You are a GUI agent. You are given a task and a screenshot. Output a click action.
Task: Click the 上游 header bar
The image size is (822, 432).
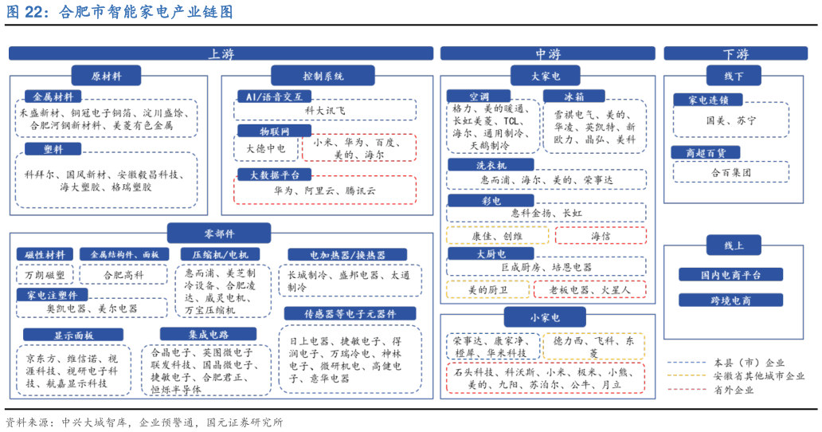pyautogui.click(x=221, y=53)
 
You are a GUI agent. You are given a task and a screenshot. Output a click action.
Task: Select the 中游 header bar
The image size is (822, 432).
pyautogui.click(x=547, y=53)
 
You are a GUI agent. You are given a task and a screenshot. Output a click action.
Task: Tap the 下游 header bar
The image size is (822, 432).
pyautogui.click(x=735, y=53)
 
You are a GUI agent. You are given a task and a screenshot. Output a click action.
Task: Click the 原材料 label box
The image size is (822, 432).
pyautogui.click(x=106, y=76)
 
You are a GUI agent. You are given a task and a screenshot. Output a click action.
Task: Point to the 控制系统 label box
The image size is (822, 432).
pyautogui.click(x=323, y=76)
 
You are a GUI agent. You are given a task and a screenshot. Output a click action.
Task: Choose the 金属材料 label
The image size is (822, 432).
pyautogui.click(x=53, y=96)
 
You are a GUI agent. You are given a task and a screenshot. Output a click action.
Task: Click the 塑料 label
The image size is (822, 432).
pyautogui.click(x=53, y=149)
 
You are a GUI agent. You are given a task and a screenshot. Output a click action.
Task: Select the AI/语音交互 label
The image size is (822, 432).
pyautogui.click(x=274, y=96)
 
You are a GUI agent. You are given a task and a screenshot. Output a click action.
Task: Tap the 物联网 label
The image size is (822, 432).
pyautogui.click(x=274, y=131)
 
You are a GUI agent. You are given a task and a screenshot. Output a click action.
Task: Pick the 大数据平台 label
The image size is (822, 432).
pyautogui.click(x=274, y=175)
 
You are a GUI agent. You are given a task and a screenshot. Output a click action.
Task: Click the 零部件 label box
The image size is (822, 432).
pyautogui.click(x=219, y=233)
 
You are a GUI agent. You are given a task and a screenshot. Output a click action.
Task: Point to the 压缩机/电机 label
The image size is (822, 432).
pyautogui.click(x=220, y=254)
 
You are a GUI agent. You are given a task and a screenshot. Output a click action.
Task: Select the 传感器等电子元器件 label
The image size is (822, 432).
pyautogui.click(x=350, y=313)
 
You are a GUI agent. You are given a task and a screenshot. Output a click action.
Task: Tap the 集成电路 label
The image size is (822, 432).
pyautogui.click(x=208, y=334)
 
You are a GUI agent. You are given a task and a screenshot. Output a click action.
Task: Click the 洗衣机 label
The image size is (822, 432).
pyautogui.click(x=491, y=165)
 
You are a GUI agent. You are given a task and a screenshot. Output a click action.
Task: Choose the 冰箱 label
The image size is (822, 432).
pyautogui.click(x=573, y=96)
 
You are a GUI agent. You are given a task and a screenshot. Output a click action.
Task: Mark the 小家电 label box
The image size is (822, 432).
pyautogui.click(x=545, y=317)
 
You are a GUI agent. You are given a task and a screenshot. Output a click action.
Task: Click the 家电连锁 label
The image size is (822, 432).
pyautogui.click(x=707, y=100)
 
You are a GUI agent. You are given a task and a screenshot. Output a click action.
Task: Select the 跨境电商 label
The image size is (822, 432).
pyautogui.click(x=730, y=300)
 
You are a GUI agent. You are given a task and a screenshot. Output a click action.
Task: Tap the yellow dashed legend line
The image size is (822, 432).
pyautogui.click(x=687, y=375)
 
